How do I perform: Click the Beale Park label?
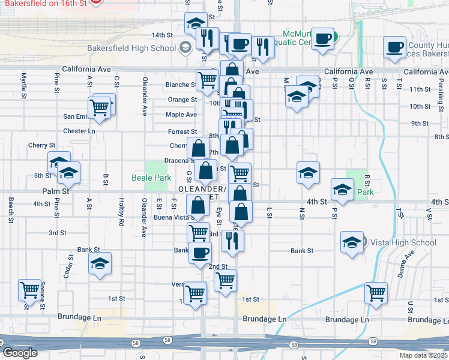coord(151,178)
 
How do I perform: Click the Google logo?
coord(20,353)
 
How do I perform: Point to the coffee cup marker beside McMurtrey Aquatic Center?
coord(322,38)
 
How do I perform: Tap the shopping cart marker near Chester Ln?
coord(100,108)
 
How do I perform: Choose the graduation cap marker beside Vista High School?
coord(352,242)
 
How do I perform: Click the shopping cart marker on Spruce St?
coord(29,291)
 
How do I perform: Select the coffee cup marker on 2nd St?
coord(200,253)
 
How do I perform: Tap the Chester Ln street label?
coord(79,131)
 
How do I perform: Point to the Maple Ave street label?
coord(181,115)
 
